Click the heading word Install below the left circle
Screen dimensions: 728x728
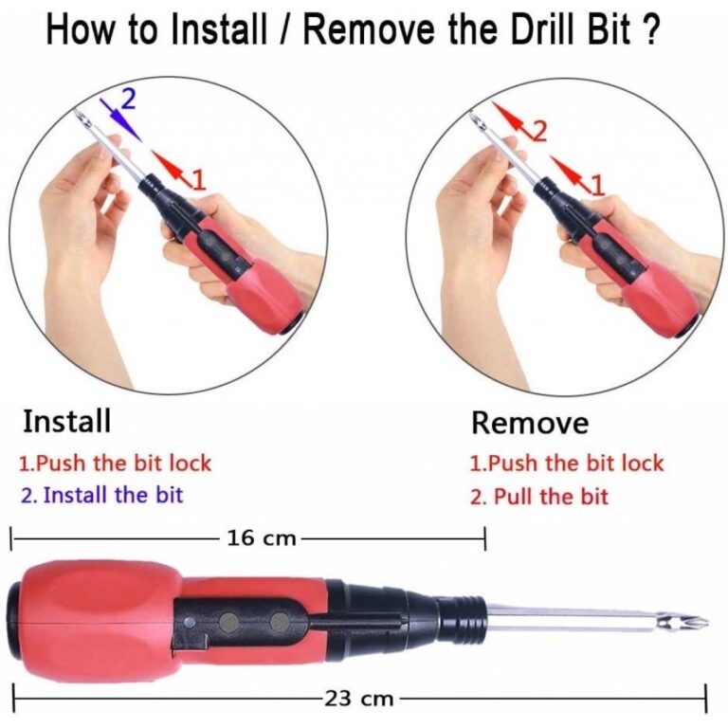[x=67, y=421]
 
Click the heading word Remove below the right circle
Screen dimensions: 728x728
[x=530, y=423]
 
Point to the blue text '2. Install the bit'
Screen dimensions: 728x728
[x=102, y=495]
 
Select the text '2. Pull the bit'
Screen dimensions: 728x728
[x=539, y=497]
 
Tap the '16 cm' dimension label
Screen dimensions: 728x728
[x=262, y=538]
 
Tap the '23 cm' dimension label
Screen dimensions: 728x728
[x=358, y=699]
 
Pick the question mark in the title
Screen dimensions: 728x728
[x=650, y=29]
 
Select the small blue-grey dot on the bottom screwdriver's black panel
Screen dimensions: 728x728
[x=189, y=622]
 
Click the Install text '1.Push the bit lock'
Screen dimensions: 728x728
[x=115, y=464]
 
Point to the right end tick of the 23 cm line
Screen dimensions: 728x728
[x=706, y=699]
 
